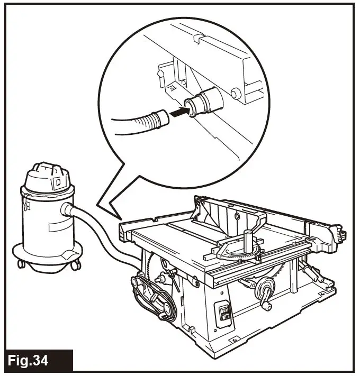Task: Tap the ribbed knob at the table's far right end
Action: (338, 232)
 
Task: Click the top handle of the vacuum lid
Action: (48, 168)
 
